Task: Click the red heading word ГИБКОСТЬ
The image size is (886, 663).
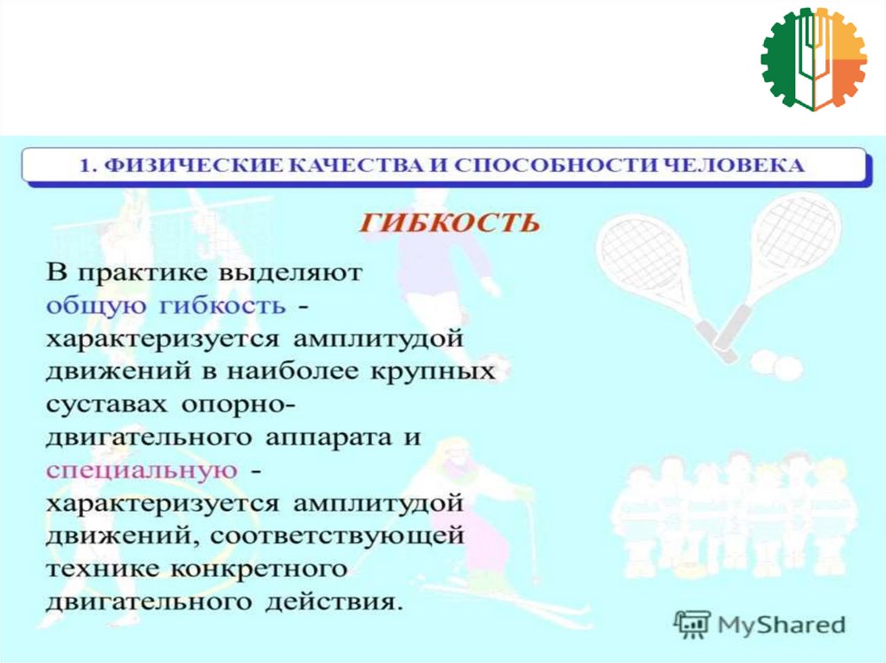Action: [449, 223]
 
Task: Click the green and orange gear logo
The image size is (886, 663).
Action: [813, 59]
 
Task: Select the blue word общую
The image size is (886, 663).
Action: [96, 307]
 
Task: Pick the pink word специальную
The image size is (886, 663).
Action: [142, 471]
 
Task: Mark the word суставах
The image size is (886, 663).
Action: [106, 405]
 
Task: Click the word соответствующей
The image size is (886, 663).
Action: [337, 536]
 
